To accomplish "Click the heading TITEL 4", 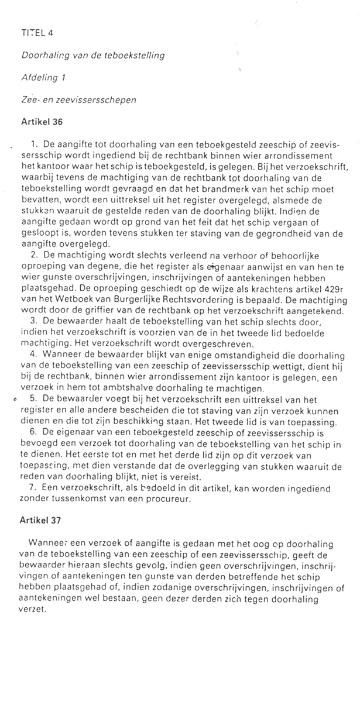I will [x=37, y=34].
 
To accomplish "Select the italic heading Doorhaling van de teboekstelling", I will [x=93, y=56].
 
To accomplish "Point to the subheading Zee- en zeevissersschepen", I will [x=79, y=99].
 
